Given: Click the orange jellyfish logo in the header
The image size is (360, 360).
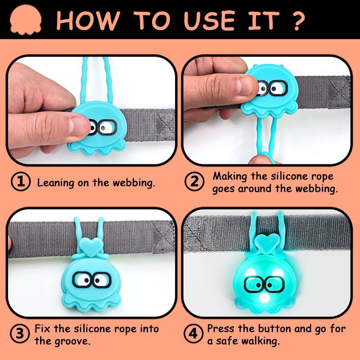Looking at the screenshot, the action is (26, 20).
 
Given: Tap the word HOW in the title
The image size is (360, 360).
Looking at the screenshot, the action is (88, 21).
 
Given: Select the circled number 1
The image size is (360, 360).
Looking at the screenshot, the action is (21, 182).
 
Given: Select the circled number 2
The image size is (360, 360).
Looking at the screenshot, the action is (194, 182).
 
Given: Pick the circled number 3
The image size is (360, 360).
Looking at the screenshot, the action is (20, 333).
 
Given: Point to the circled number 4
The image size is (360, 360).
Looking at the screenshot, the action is (193, 333).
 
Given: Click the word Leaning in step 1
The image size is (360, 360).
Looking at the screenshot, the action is (55, 183).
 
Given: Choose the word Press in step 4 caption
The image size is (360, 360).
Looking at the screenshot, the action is (221, 328).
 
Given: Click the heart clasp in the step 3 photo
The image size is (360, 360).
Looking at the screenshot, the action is (91, 246).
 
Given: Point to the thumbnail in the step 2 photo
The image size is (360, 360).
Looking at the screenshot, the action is (246, 86).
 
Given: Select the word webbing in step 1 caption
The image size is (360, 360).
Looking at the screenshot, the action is (134, 183).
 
